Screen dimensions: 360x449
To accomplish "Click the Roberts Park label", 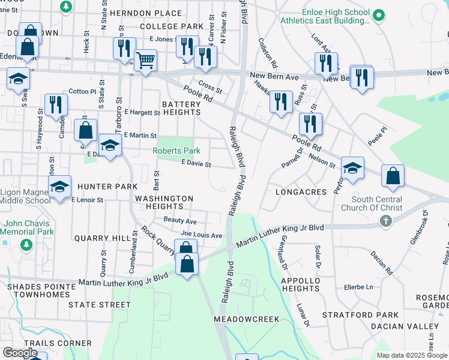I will point(176,151).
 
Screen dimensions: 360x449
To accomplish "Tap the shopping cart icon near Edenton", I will point(145,61).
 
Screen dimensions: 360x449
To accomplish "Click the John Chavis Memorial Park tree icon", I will point(26,244).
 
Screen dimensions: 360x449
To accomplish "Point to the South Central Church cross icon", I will point(385,221).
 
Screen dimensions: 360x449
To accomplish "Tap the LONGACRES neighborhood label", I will point(301,192).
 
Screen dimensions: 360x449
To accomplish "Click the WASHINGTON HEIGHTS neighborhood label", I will point(164,202).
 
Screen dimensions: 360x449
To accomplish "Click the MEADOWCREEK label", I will point(247,319).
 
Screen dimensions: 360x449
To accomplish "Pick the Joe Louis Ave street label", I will point(202,235).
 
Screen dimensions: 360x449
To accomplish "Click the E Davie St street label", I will point(196,164).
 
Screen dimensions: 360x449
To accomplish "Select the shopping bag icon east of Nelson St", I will point(393,176).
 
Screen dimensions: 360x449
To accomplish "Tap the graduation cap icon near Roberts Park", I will point(109,145).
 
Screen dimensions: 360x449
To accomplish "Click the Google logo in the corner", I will point(20,353).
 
